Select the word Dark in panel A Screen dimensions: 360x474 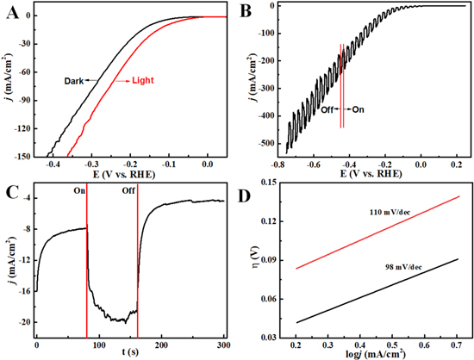74,80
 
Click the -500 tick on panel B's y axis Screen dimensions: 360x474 263,143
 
